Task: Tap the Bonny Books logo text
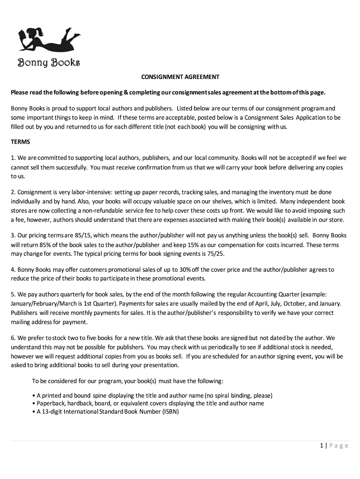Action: [49, 62]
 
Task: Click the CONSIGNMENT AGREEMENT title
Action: [180, 77]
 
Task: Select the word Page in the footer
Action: [338, 446]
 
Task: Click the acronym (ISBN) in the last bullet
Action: [171, 412]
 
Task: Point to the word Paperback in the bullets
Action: [50, 403]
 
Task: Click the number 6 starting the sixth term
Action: [13, 337]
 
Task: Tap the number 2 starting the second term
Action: [13, 192]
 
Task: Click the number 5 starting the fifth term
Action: [13, 294]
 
